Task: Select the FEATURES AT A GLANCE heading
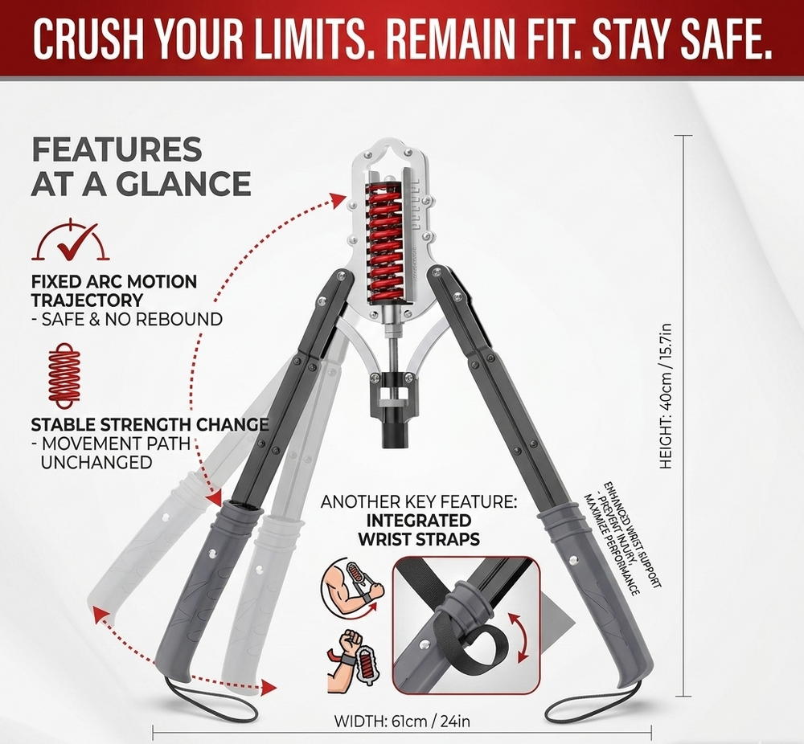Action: tap(141, 166)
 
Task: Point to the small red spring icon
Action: tap(64, 375)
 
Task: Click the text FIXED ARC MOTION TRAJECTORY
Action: tap(114, 291)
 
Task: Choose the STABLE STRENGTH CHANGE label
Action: tap(150, 424)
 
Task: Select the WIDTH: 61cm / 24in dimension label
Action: tap(402, 721)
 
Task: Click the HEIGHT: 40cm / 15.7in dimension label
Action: tap(666, 397)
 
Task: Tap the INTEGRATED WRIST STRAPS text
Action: tap(419, 529)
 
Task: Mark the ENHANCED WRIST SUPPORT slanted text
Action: tap(622, 538)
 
